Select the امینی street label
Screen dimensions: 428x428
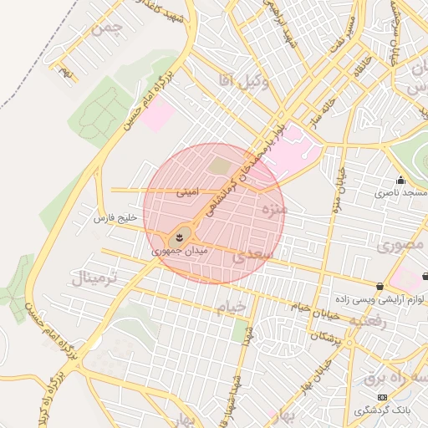point(187,191)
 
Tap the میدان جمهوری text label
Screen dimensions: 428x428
point(179,250)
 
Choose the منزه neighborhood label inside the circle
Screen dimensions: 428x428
point(273,207)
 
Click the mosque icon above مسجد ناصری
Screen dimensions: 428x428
point(400,180)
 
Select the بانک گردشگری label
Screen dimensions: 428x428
point(381,410)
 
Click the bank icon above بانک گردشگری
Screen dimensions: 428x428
point(382,397)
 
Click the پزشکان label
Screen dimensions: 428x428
point(327,337)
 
